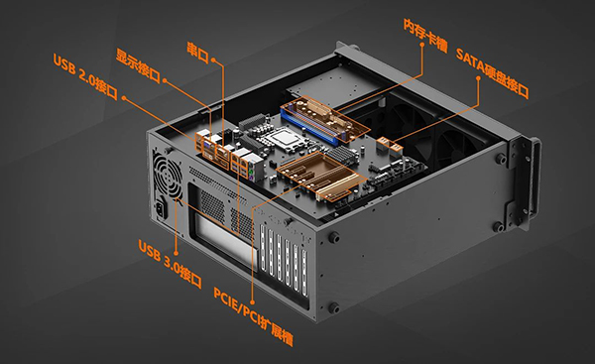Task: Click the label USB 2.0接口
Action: tap(85, 77)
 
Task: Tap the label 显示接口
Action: tap(138, 65)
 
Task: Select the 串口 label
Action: tap(198, 53)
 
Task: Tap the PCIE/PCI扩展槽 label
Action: tap(253, 317)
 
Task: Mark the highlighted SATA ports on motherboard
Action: tap(390, 144)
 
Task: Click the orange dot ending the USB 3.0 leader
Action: tap(177, 253)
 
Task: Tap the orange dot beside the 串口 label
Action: tap(213, 60)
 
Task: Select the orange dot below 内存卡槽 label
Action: tap(422, 44)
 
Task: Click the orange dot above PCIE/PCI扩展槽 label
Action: tap(253, 303)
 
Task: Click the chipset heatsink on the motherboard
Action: tap(343, 155)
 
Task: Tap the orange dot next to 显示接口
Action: tap(165, 80)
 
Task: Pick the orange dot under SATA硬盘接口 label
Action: tap(478, 78)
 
